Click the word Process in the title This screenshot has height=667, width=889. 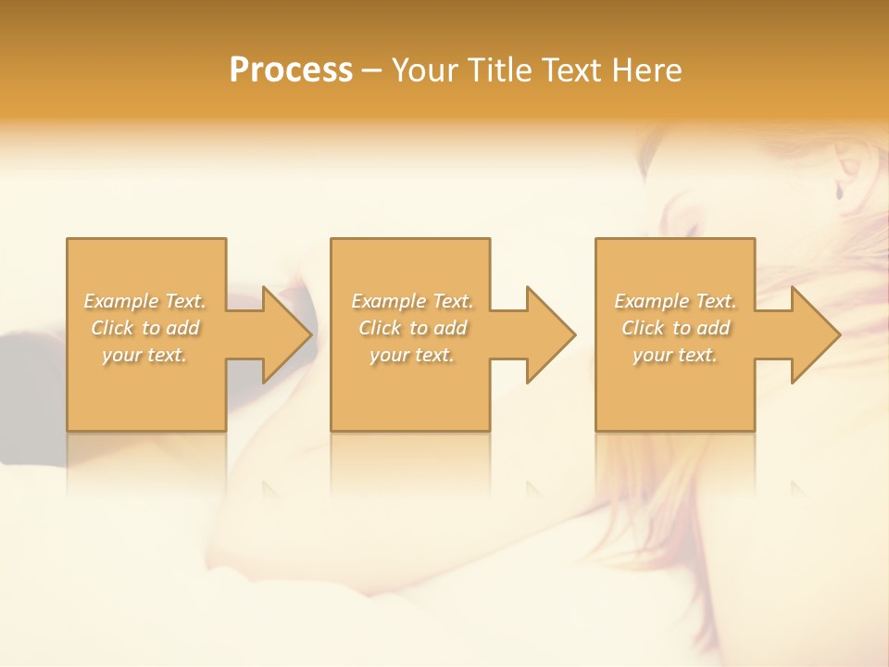coord(291,70)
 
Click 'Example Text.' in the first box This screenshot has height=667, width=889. coord(144,301)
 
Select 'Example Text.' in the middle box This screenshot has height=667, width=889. coord(412,301)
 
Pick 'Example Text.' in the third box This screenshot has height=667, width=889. coord(675,301)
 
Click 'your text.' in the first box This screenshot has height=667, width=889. coord(144,355)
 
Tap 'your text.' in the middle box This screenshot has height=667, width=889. coord(412,355)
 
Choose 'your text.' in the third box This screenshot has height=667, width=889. coord(675,355)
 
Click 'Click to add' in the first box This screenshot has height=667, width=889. coord(144,328)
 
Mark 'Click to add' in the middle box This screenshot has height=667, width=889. coord(412,328)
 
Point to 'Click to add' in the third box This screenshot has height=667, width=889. coord(675,328)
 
